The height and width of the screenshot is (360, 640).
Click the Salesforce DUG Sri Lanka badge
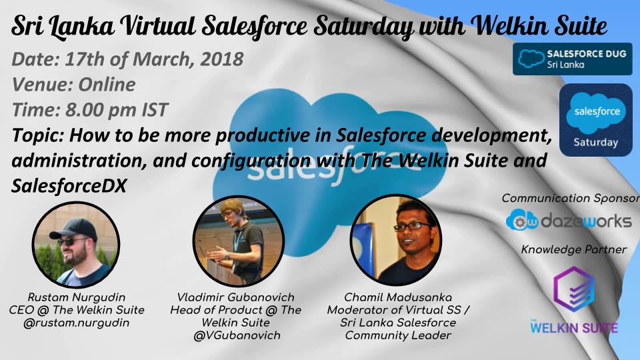pyautogui.click(x=572, y=59)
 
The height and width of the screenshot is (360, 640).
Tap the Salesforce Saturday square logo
pyautogui.click(x=595, y=120)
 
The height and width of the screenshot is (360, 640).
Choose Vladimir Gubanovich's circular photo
pyautogui.click(x=239, y=241)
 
